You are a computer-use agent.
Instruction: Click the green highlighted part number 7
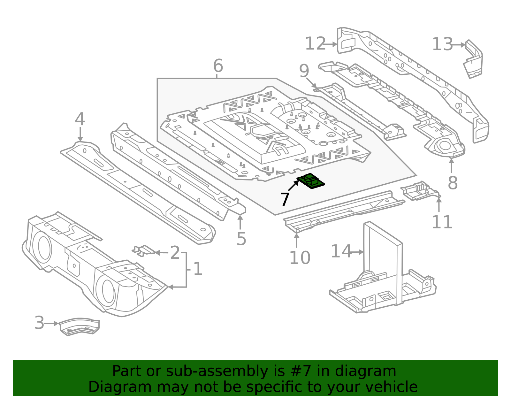click(311, 181)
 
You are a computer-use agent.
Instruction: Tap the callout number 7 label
click(285, 199)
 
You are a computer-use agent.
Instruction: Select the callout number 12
click(315, 44)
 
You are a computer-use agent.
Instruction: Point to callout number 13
click(442, 44)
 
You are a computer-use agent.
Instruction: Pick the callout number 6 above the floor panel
click(218, 66)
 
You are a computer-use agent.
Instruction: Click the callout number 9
click(304, 71)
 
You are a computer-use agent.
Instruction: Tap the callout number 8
click(453, 183)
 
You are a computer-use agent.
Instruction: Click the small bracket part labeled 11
click(420, 191)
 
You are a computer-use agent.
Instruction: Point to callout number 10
click(300, 258)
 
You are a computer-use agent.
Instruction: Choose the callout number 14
click(341, 251)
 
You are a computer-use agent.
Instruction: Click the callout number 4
click(80, 119)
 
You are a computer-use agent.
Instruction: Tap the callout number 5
click(241, 239)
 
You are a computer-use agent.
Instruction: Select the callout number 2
click(175, 253)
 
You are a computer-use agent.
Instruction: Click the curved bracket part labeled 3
click(80, 326)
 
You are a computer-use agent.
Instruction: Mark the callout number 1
click(198, 269)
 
